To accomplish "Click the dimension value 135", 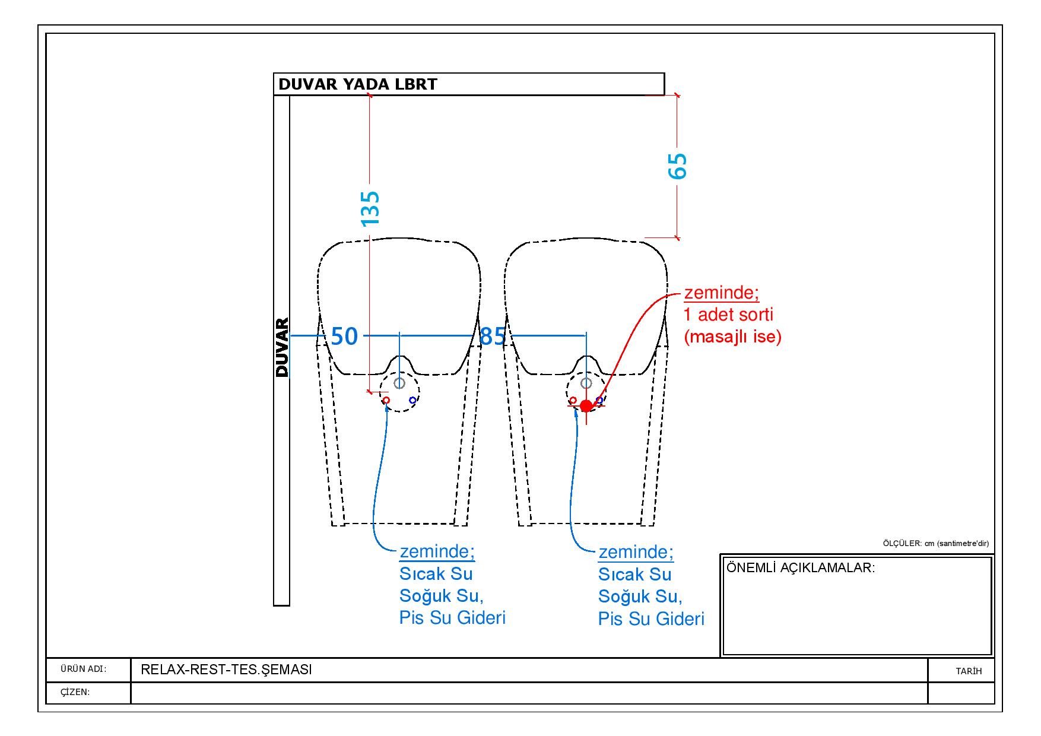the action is click(370, 208).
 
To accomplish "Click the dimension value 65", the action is click(678, 166).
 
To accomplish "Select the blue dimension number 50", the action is click(344, 337).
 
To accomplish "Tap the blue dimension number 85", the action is click(492, 337).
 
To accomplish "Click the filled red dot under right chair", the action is click(586, 406).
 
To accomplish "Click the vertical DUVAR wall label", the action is click(282, 348).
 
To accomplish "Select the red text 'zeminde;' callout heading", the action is click(722, 293).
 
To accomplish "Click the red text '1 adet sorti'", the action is click(729, 315).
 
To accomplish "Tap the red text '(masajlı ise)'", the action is click(733, 337).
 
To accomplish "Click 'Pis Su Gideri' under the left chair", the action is click(452, 618).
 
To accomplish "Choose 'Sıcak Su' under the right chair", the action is click(634, 575).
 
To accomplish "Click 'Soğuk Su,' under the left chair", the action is click(441, 596).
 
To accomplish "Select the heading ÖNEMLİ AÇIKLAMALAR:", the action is click(801, 567).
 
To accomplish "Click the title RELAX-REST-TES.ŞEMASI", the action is click(226, 670).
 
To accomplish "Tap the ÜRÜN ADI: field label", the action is click(83, 670).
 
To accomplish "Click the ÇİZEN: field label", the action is click(75, 692).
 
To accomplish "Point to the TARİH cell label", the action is click(969, 671).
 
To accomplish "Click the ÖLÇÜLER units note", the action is click(936, 543).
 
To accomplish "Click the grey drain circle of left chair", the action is click(399, 383).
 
